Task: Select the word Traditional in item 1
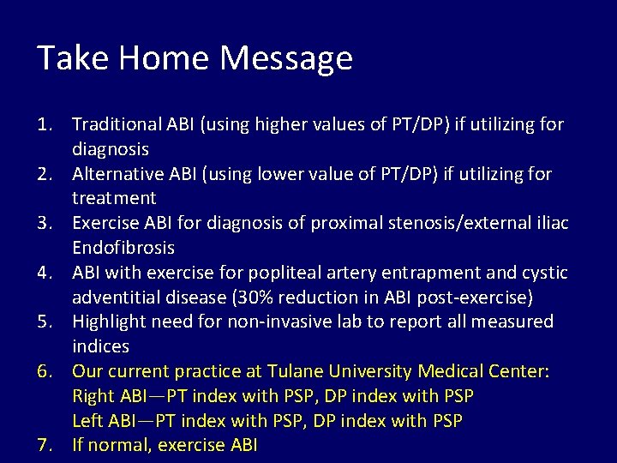[116, 125]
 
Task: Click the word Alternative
[116, 175]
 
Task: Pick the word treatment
[114, 198]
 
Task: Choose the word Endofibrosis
[123, 248]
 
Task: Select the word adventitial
[114, 298]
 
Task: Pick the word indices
[100, 346]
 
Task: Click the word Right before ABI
[93, 396]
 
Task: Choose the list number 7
[48, 446]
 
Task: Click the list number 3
[48, 224]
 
